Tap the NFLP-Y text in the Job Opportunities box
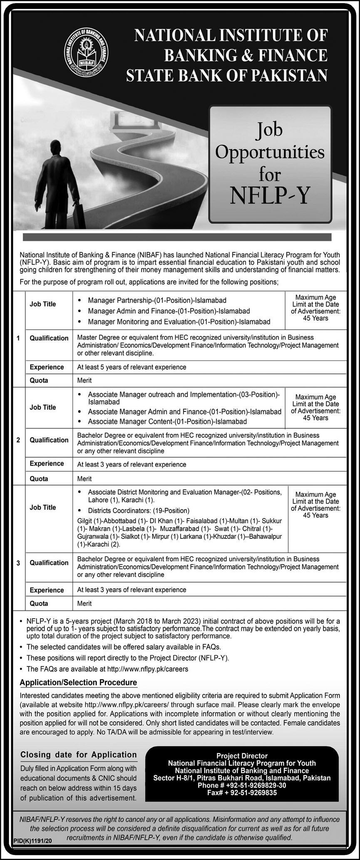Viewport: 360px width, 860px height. tap(270, 196)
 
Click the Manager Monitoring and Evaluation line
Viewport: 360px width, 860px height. tap(179, 322)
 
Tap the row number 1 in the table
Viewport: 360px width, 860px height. tap(18, 338)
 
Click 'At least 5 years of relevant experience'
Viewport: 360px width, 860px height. tap(132, 367)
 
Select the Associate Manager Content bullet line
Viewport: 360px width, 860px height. tap(167, 421)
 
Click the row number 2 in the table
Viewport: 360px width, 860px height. tap(18, 440)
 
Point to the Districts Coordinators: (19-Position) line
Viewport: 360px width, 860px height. tap(139, 511)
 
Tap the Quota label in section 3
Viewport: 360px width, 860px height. tap(39, 603)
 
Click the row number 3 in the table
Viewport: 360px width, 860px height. tap(18, 563)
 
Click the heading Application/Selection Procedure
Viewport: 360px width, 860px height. tap(78, 682)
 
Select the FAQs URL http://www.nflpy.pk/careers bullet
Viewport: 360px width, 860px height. tap(107, 669)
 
